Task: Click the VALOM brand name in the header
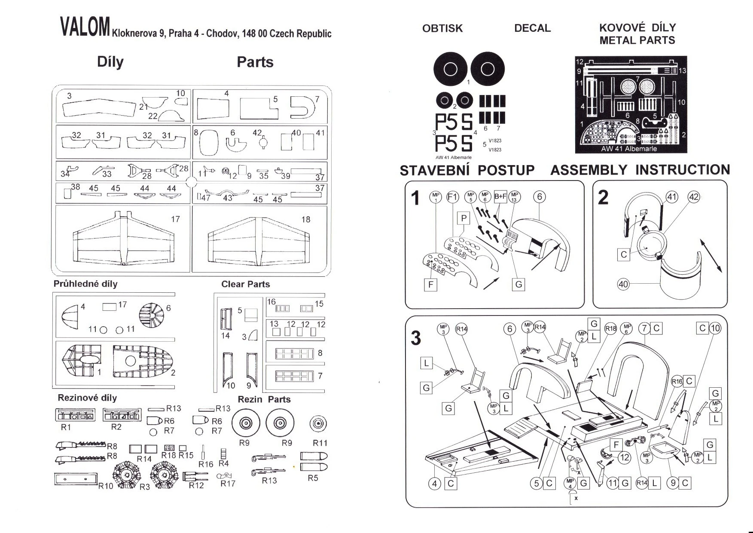[x=85, y=27]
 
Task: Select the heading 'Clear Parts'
[x=245, y=284]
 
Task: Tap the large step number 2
[x=603, y=198]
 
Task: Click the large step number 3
[x=415, y=338]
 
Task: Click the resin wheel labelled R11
[x=317, y=424]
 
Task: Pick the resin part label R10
[x=106, y=486]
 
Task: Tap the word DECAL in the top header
[x=532, y=28]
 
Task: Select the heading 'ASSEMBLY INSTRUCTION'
[x=640, y=170]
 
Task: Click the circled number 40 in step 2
[x=623, y=284]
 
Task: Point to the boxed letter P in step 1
[x=463, y=218]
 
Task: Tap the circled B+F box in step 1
[x=500, y=197]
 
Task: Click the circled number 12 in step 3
[x=624, y=457]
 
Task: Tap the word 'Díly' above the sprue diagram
[x=110, y=62]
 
